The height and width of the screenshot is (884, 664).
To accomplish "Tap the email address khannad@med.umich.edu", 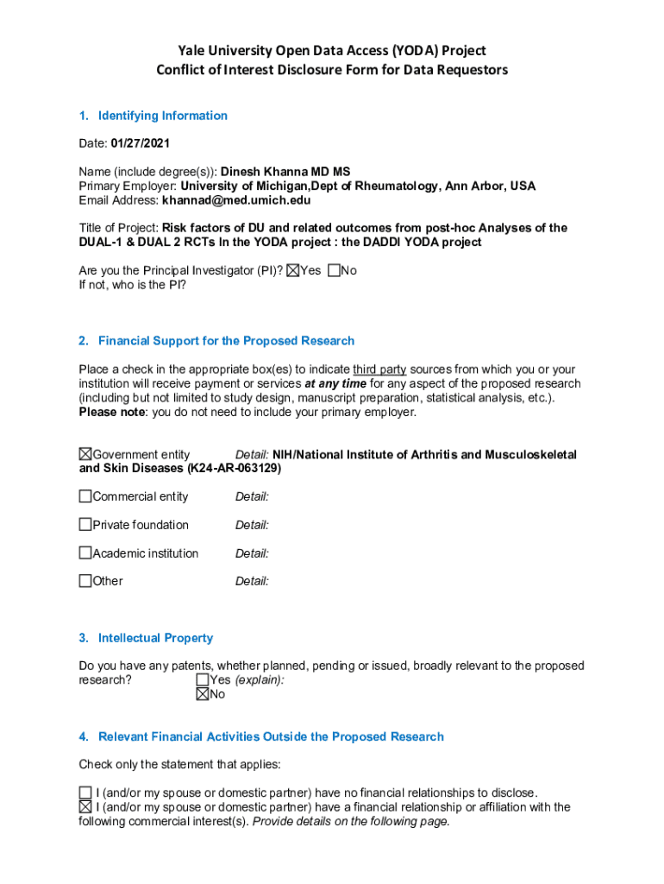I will tap(236, 200).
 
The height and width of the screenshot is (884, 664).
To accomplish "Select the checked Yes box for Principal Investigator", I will tap(293, 271).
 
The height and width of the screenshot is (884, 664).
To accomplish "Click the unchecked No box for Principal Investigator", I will tap(335, 271).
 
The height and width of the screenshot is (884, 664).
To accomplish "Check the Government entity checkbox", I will tap(85, 454).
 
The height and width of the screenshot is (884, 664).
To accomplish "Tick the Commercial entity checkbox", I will tap(85, 496).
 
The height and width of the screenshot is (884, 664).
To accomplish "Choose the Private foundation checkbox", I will tap(85, 525).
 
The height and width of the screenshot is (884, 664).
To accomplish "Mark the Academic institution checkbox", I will tap(85, 553).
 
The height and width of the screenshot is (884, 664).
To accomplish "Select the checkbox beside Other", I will tap(85, 581).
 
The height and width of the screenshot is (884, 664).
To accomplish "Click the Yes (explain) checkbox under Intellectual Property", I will tap(203, 680).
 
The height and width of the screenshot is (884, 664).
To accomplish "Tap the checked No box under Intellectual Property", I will tap(203, 694).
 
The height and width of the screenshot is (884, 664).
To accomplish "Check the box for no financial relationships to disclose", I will tap(85, 792).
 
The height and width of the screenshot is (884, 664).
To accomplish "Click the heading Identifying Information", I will tap(163, 116).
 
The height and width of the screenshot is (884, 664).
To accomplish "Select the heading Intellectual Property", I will tap(155, 638).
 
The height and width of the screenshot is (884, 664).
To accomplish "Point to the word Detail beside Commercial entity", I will tap(252, 496).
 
